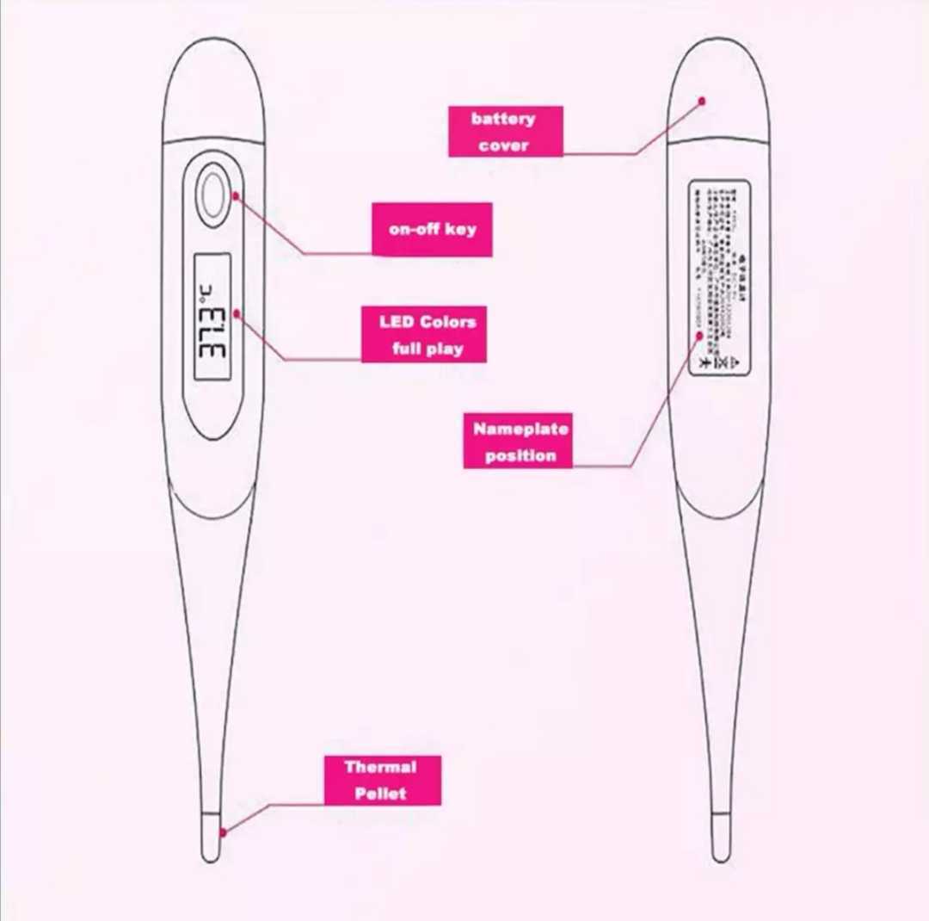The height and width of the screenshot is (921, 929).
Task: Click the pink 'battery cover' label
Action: (505, 132)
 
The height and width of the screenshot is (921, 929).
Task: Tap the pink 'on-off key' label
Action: (432, 230)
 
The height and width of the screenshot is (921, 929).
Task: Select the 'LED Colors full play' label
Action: (423, 335)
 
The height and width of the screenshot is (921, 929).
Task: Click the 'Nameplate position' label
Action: (518, 441)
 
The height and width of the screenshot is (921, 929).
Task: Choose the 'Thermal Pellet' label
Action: (382, 781)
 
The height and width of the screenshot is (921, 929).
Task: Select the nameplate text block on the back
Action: (719, 277)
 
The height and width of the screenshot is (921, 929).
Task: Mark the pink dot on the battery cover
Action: (702, 101)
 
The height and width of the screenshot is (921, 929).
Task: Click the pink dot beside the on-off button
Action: (235, 196)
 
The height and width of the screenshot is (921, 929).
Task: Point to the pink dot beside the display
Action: (237, 315)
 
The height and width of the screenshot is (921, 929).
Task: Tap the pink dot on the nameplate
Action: (700, 335)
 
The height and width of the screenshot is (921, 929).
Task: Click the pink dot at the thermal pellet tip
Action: (224, 831)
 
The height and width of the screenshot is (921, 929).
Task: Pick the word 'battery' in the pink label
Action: (503, 119)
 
